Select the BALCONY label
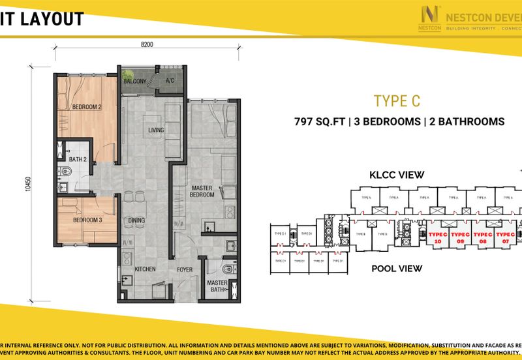(135, 82)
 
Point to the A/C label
(170, 82)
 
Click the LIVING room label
(155, 130)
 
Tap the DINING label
(136, 220)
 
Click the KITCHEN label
(144, 268)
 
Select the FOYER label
(185, 268)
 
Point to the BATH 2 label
(78, 159)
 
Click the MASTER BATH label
(217, 286)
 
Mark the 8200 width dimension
(147, 44)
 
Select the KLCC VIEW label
(397, 175)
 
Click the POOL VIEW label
(397, 268)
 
